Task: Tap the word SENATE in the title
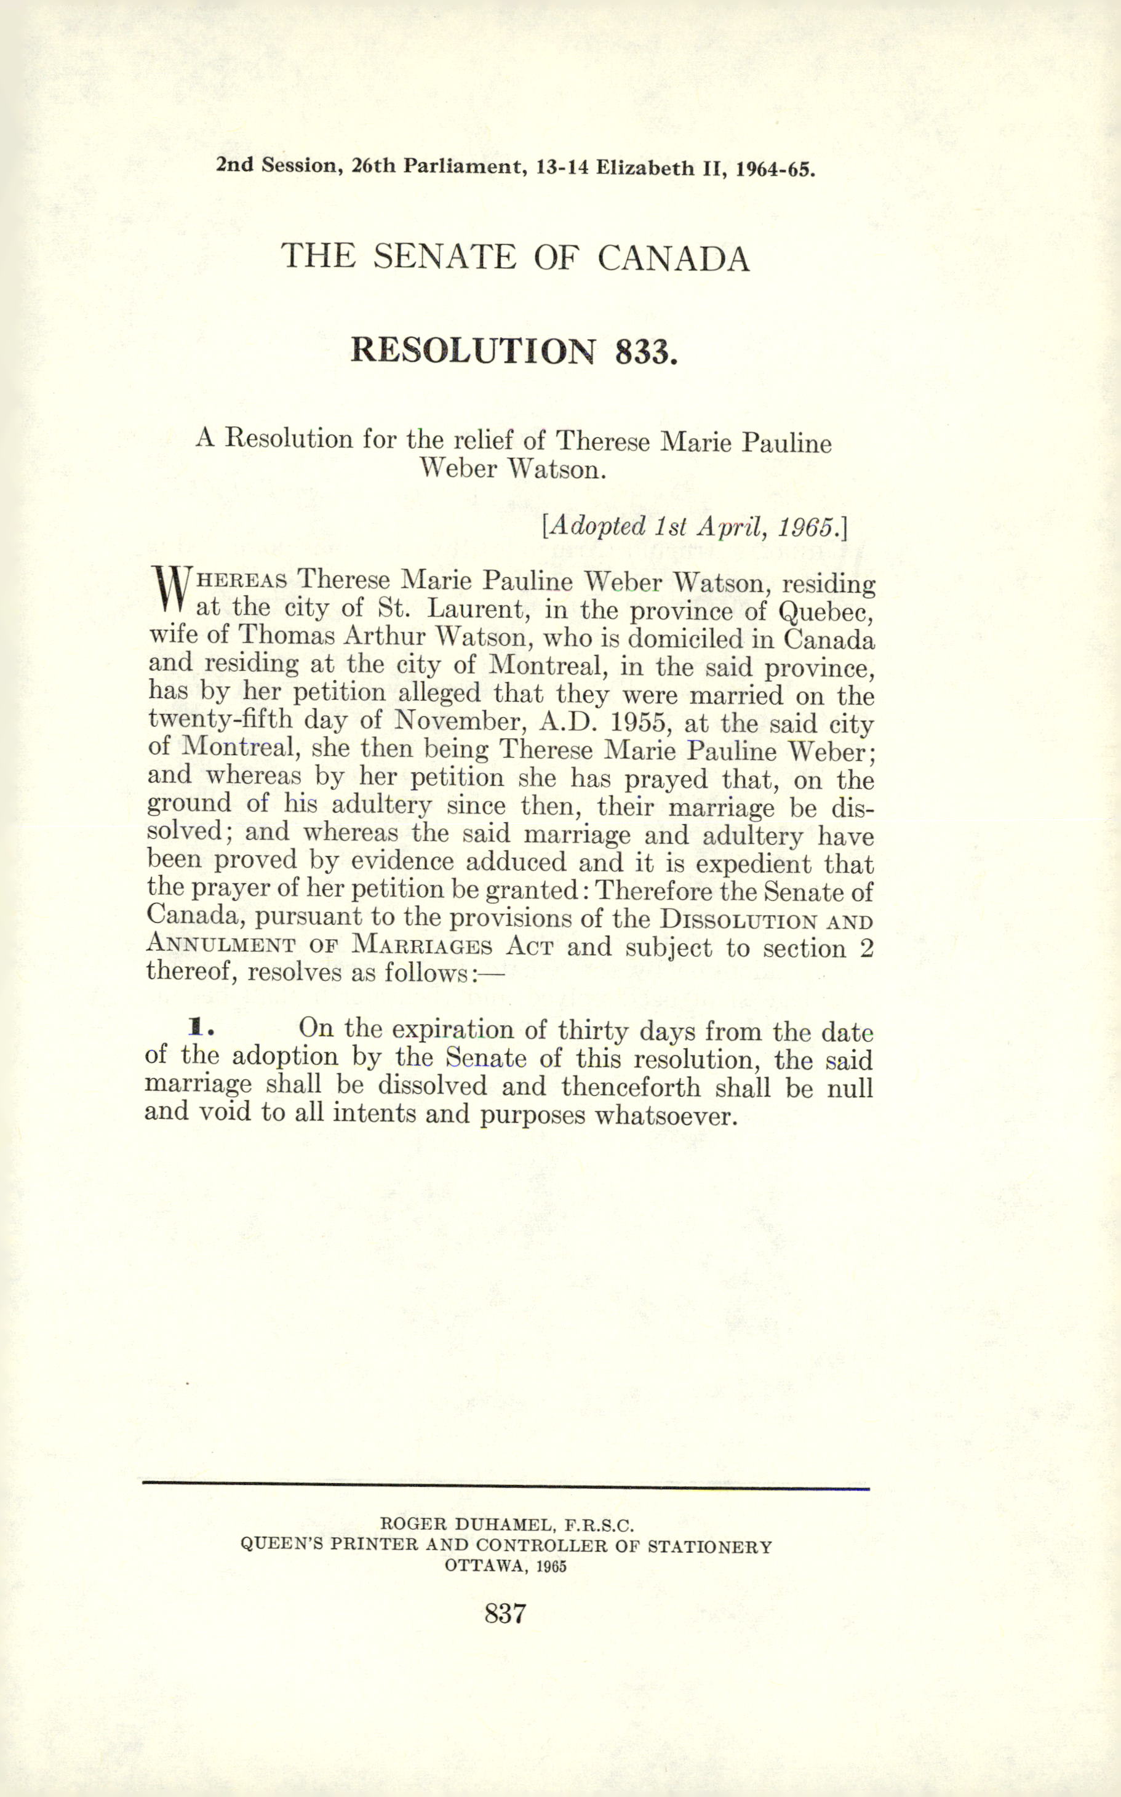click(444, 257)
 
